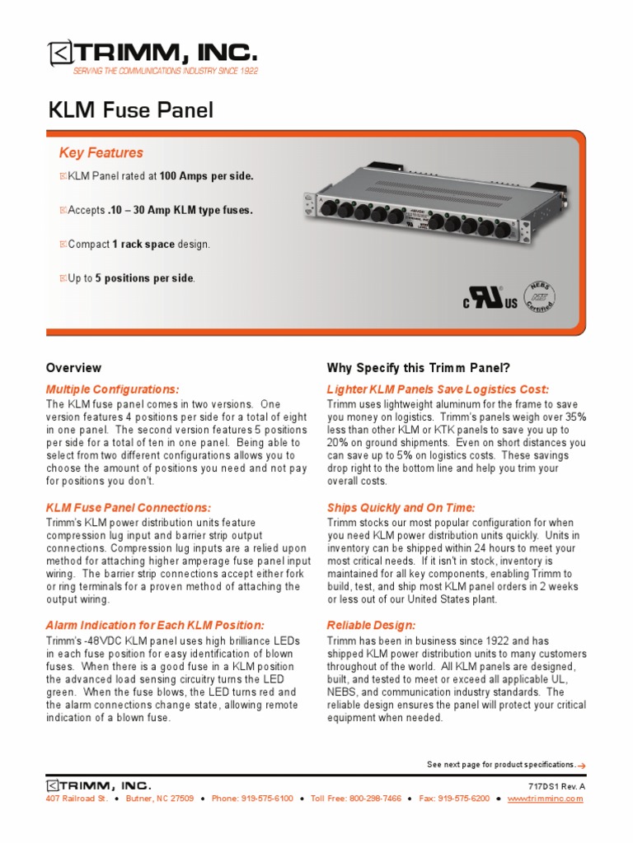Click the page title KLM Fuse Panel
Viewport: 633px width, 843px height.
pos(132,110)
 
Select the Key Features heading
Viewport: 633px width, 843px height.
pos(101,152)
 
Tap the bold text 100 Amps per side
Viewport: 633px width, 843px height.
pos(207,176)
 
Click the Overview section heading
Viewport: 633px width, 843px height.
pos(73,368)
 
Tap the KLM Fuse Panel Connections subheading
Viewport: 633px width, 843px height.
pos(129,507)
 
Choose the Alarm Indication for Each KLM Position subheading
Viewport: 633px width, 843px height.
pos(155,626)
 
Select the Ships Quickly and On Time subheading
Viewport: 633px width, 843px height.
pos(401,507)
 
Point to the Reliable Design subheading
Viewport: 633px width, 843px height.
pos(371,626)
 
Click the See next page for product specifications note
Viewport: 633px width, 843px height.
pos(501,766)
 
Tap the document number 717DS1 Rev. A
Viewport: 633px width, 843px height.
pos(556,786)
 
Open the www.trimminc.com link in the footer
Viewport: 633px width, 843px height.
pos(545,799)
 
